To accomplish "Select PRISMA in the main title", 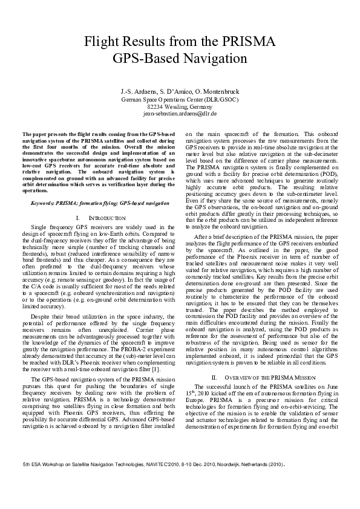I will [x=250, y=42].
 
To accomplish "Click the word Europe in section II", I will [x=195, y=383].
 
